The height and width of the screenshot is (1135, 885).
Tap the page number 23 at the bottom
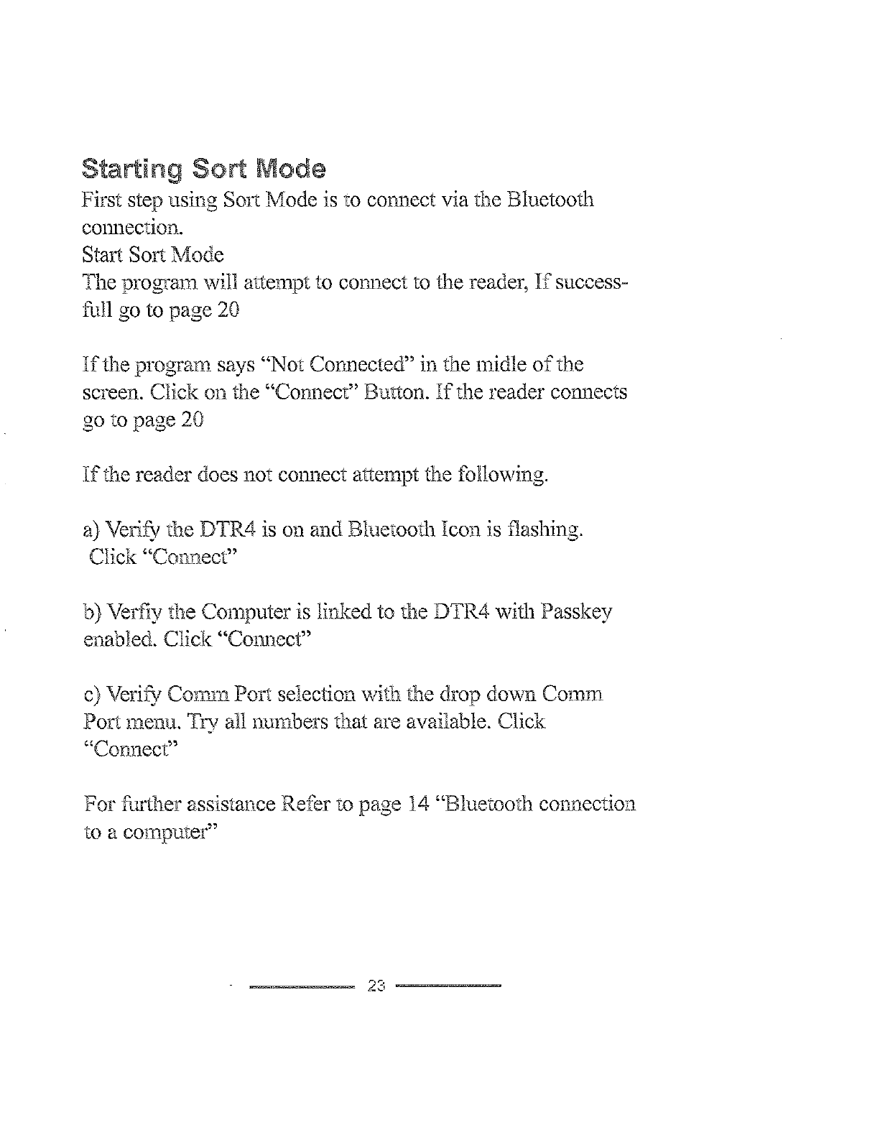pyautogui.click(x=377, y=986)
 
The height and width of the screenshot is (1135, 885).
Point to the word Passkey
pyautogui.click(x=577, y=612)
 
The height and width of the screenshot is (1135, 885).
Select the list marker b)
pyautogui.click(x=93, y=612)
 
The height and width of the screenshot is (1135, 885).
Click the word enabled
pyautogui.click(x=119, y=639)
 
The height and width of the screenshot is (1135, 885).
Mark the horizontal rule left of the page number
pyautogui.click(x=302, y=986)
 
